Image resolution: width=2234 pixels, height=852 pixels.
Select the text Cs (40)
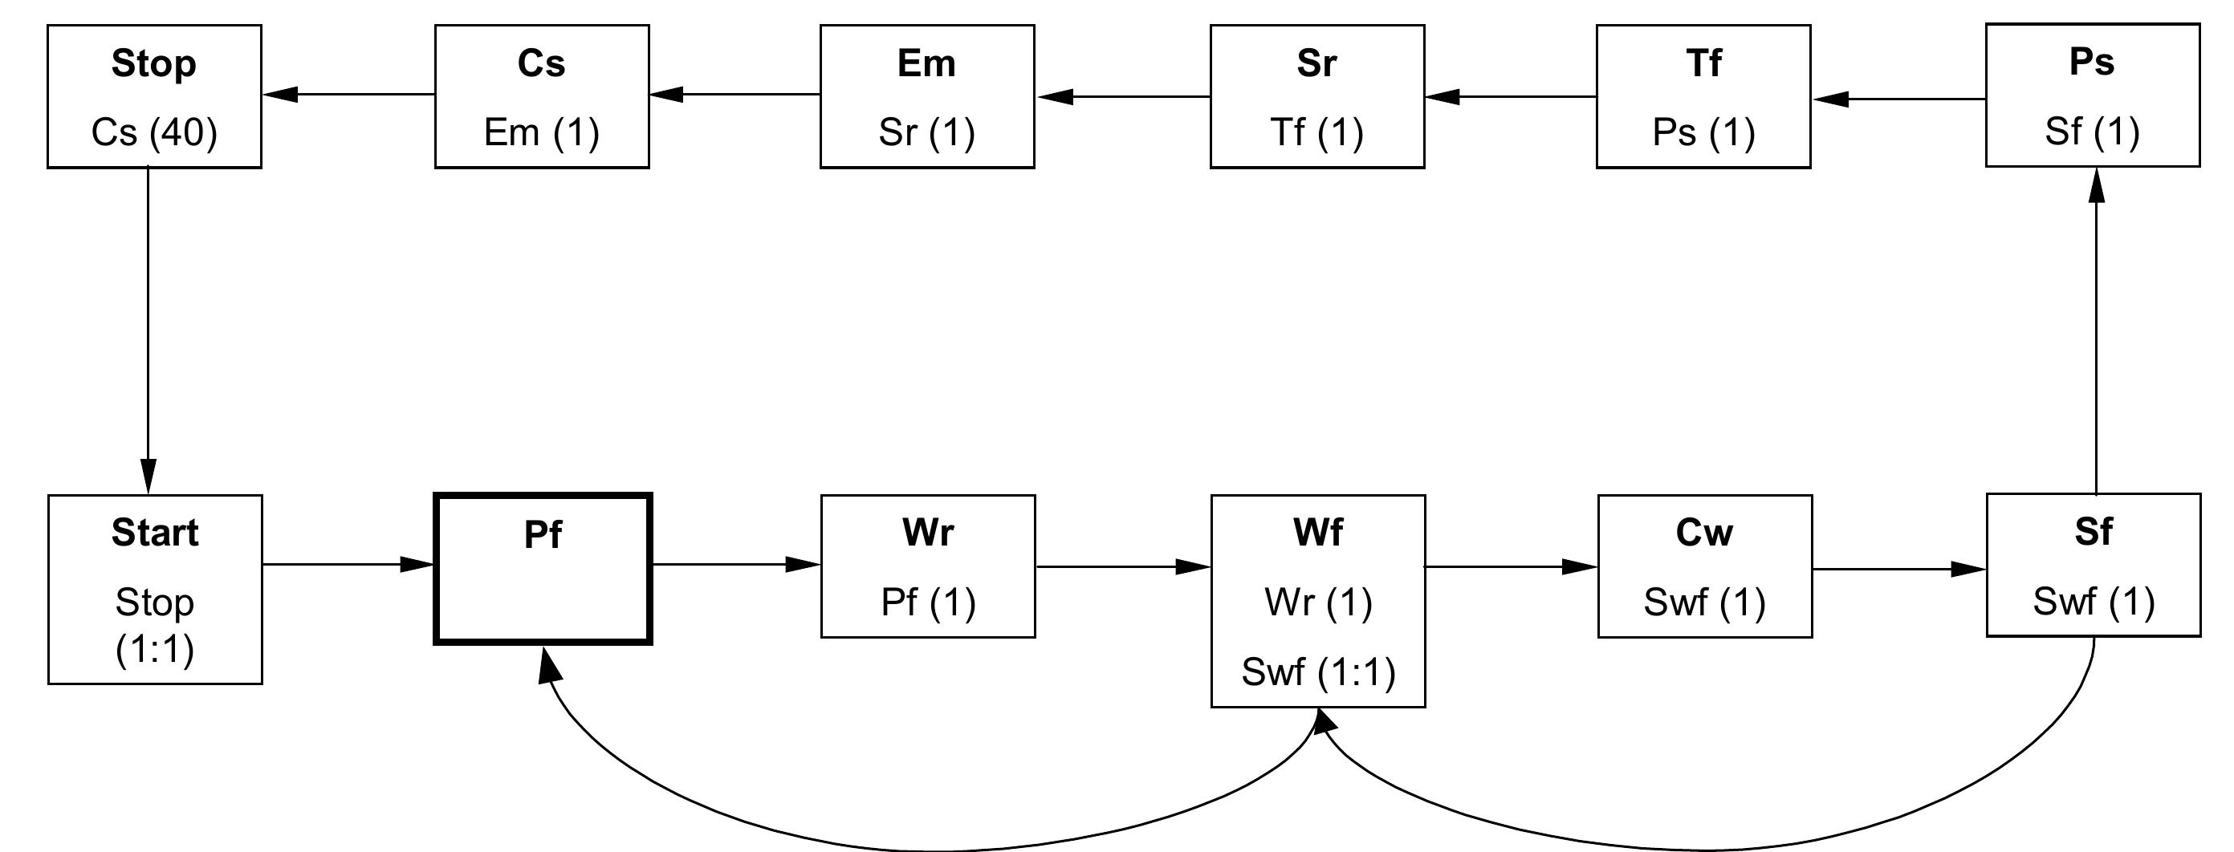click(153, 132)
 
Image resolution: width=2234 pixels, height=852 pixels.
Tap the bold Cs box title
click(541, 63)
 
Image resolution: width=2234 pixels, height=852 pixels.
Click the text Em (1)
click(541, 132)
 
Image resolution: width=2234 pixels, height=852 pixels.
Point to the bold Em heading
click(926, 63)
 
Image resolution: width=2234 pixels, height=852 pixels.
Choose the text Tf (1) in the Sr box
click(1316, 132)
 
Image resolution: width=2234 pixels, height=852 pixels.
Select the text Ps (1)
click(1703, 132)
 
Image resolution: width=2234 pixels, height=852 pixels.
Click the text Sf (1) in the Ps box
click(2092, 132)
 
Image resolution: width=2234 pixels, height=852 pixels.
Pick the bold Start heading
click(154, 532)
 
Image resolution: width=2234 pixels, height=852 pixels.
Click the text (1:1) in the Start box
click(154, 649)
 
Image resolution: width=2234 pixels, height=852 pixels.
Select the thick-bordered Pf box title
click(543, 535)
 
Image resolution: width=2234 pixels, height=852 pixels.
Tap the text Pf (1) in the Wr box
click(928, 602)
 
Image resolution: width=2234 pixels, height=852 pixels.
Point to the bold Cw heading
click(1704, 532)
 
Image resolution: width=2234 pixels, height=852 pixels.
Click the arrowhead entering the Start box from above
click(149, 478)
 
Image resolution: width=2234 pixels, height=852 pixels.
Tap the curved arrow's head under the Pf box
click(548, 666)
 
